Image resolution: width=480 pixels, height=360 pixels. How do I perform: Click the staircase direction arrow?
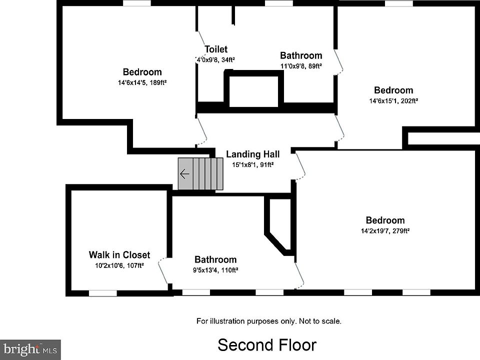[184, 174]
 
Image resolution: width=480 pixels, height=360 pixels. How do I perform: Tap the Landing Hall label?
[252, 154]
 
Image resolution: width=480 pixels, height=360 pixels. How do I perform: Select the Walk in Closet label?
[119, 255]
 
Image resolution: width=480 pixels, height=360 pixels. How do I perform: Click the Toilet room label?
[216, 49]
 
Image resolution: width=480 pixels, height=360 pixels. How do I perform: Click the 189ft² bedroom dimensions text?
[142, 82]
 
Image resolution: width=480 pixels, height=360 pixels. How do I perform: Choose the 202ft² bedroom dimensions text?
[393, 100]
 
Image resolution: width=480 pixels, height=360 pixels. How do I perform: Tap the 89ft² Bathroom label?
[301, 55]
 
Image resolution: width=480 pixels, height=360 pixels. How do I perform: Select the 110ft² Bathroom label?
[215, 260]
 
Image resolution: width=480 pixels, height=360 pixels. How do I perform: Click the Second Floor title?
[267, 345]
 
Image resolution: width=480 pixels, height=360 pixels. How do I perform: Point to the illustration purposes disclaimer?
[269, 321]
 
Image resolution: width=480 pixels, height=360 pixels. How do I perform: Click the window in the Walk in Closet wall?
[102, 293]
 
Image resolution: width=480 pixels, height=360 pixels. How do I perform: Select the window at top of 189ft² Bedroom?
[137, 3]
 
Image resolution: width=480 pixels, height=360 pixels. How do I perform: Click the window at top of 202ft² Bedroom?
[399, 3]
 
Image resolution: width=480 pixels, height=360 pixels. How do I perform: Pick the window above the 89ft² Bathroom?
[279, 3]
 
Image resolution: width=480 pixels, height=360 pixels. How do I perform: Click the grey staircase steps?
[200, 174]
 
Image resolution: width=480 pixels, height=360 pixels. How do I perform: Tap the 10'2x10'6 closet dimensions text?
[119, 265]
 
